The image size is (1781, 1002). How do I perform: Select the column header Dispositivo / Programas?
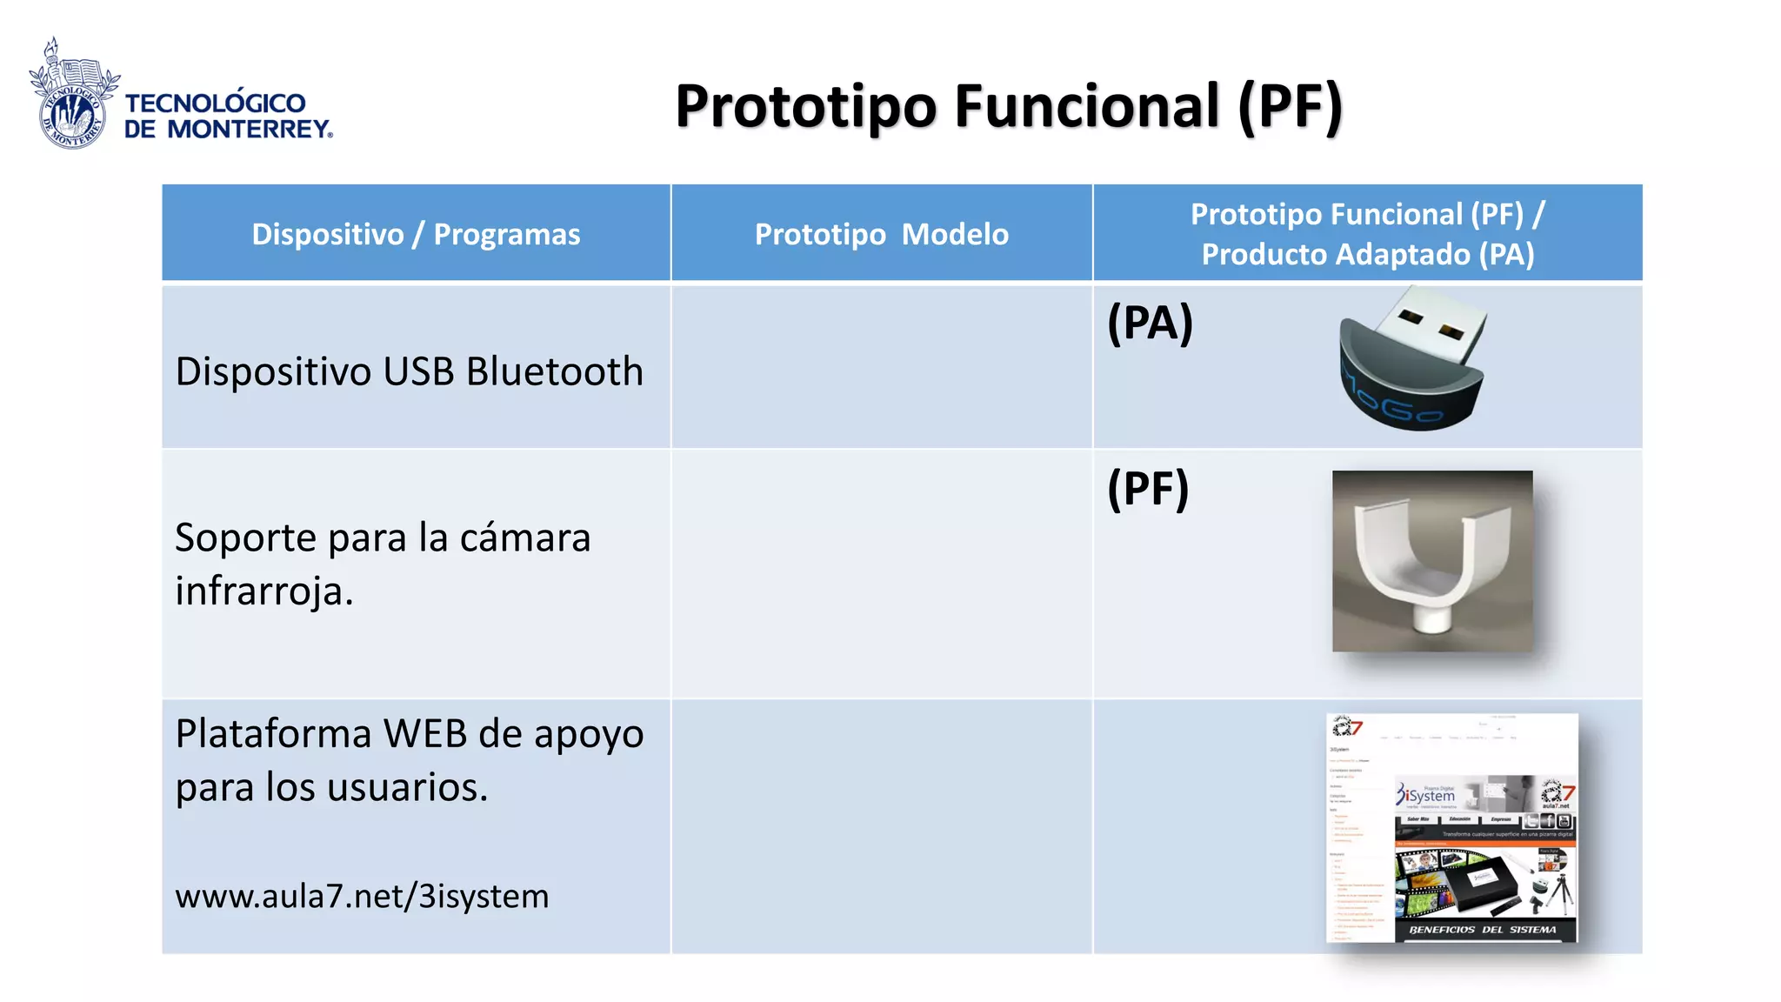point(416,235)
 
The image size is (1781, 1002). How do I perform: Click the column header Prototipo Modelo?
point(881,235)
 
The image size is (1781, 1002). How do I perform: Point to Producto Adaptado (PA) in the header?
point(1367,255)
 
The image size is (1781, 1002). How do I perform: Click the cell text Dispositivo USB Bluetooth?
point(409,371)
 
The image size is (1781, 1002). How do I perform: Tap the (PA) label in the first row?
point(1150,324)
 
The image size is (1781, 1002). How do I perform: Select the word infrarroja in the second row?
point(263,591)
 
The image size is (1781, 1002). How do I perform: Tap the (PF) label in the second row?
point(1147,489)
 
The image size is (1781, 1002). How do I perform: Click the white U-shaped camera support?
point(1426,565)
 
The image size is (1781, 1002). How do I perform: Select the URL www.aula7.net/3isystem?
point(362,896)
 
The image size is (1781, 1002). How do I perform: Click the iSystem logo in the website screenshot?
point(1426,795)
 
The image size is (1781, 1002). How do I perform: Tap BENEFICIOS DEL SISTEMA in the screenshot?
point(1482,930)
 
